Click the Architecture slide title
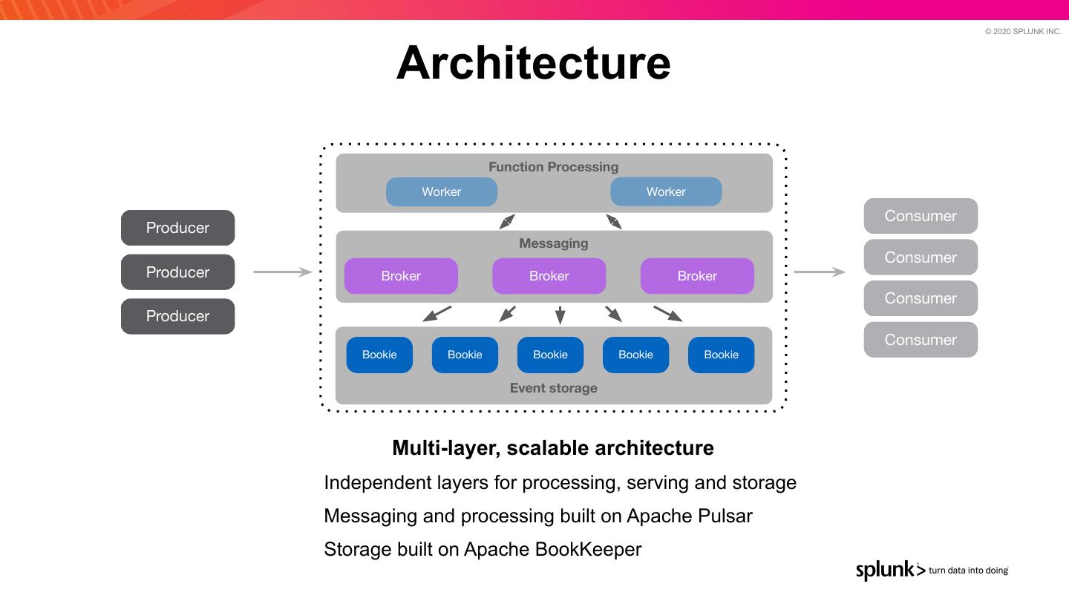click(x=533, y=63)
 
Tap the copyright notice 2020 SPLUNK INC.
click(x=1023, y=31)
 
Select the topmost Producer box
click(x=177, y=228)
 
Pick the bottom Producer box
click(x=177, y=316)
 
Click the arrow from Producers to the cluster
click(x=282, y=272)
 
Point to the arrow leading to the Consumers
click(x=820, y=272)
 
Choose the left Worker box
click(x=441, y=191)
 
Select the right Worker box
click(x=665, y=191)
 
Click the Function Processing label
click(x=553, y=167)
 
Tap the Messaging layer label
click(x=553, y=243)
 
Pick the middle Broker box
click(x=549, y=276)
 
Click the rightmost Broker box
click(x=696, y=276)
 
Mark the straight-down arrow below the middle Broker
click(x=560, y=315)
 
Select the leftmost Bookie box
click(x=379, y=355)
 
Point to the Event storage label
click(x=553, y=388)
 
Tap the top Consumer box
click(x=921, y=216)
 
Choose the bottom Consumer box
click(x=921, y=340)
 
